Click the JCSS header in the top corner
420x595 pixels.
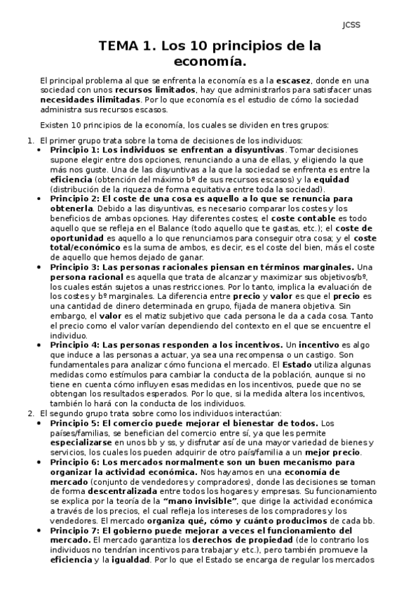tap(351, 26)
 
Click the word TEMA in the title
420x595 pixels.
tap(120, 47)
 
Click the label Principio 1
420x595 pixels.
tap(75, 150)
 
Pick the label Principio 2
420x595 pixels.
tap(75, 199)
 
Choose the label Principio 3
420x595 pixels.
tap(75, 267)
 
